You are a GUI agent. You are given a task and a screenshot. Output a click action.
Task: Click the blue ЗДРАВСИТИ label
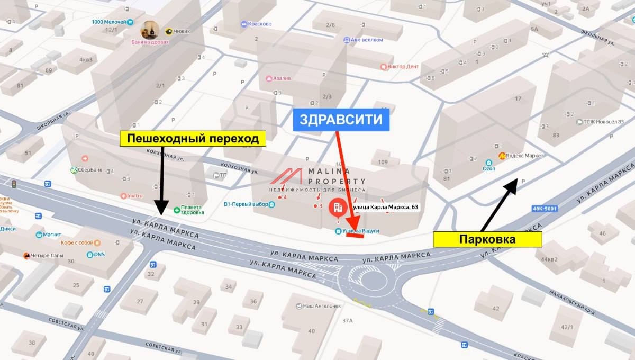(x=341, y=120)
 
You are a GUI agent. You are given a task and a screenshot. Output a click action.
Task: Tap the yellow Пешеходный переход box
(x=192, y=139)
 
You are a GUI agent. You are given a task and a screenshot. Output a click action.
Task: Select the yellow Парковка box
(x=487, y=239)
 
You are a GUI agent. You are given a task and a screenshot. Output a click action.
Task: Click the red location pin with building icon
(x=337, y=208)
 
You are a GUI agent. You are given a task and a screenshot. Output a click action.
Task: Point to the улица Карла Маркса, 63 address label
(x=386, y=207)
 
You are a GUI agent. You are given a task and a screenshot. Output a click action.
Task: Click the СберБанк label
(x=89, y=170)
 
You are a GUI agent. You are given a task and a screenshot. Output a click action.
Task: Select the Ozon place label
(x=488, y=168)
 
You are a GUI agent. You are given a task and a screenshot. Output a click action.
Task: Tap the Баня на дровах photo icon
(x=150, y=30)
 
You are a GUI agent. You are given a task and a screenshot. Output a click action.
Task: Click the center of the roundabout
(x=373, y=281)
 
